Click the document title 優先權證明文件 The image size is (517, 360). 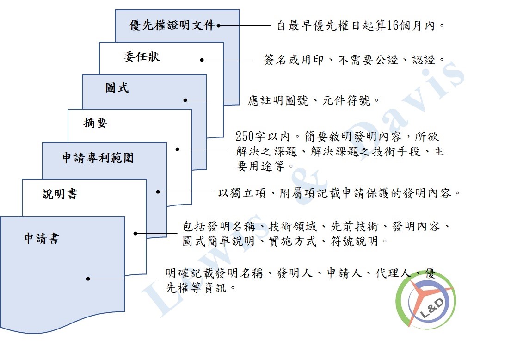pos(172,25)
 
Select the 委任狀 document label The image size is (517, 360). pos(142,56)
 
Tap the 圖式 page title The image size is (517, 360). pos(117,88)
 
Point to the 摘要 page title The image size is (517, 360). pos(96,123)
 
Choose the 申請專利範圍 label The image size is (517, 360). pos(98,158)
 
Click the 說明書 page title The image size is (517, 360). pos(60,194)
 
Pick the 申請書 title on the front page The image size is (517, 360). pos(42,238)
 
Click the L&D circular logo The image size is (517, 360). pos(425,300)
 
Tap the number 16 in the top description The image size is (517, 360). pos(392,25)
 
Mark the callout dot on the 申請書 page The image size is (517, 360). pos(88,279)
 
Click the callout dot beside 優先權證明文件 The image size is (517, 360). pos(218,25)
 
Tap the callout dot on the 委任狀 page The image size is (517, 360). pos(202,60)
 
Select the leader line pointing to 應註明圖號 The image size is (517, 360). pos(214,100)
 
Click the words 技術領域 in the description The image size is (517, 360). pos(292,227)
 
